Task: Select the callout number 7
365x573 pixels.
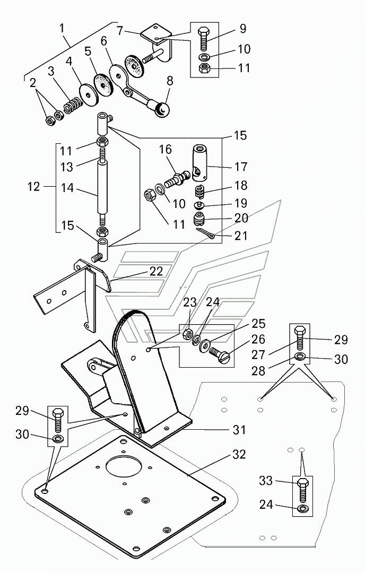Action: (x=120, y=30)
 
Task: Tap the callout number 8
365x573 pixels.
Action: (x=170, y=81)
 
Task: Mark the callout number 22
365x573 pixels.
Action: (x=156, y=272)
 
